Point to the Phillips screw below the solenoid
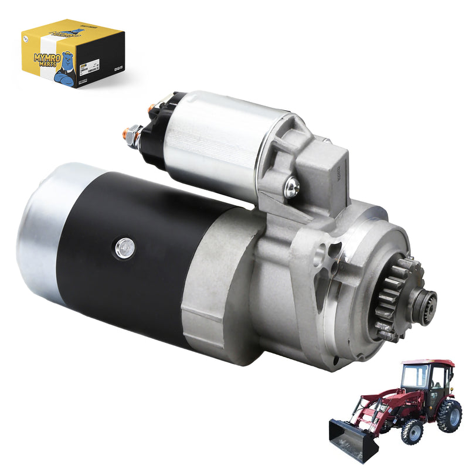click(x=291, y=188)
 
